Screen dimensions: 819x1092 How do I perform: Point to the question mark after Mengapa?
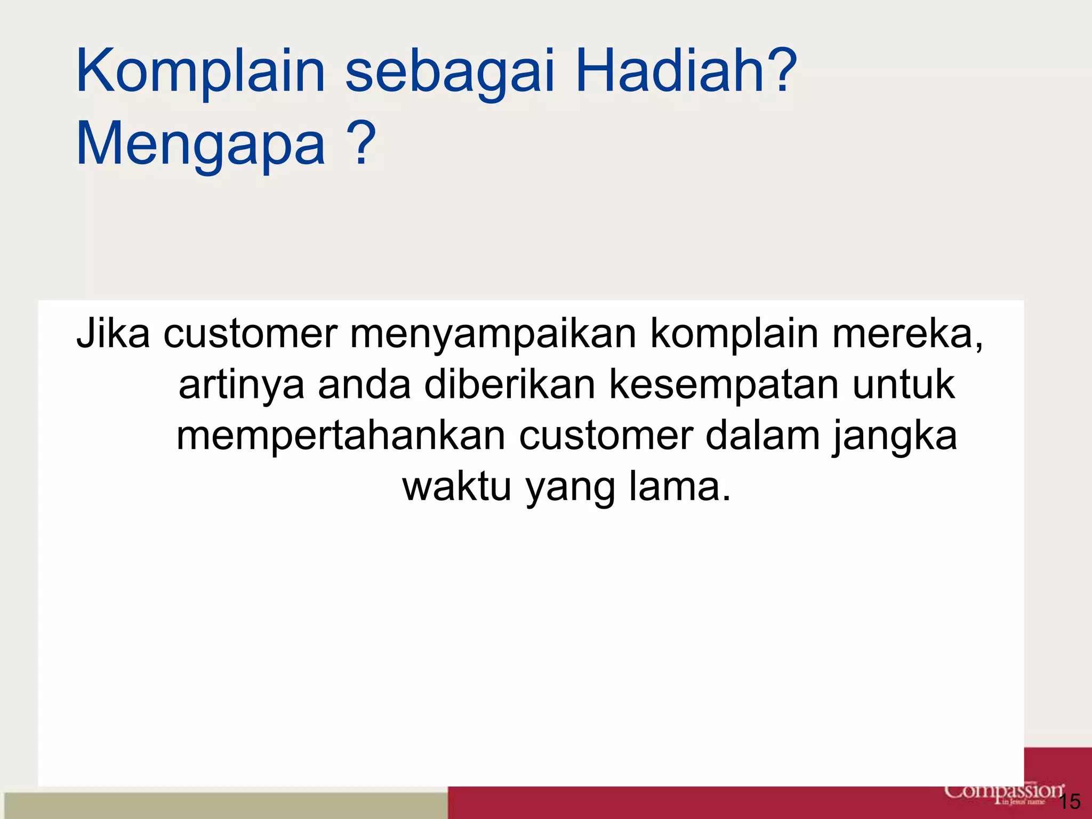point(361,143)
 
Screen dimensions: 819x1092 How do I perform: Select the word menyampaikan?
point(493,336)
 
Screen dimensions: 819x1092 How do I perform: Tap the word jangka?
point(895,437)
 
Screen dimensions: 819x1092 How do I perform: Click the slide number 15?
point(1069,801)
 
